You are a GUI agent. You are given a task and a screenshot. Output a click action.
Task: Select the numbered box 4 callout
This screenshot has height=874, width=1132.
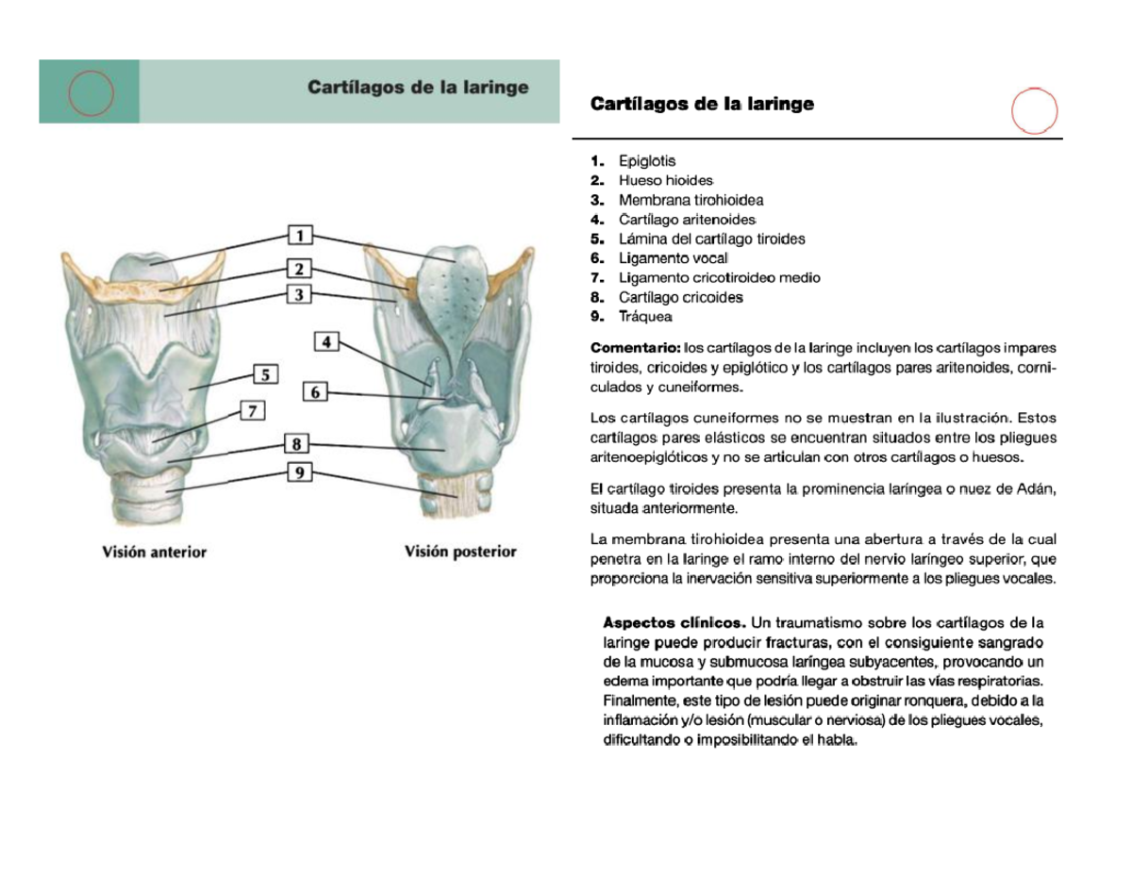[326, 341]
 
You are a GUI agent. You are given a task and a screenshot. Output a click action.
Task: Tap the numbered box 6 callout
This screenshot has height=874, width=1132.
[316, 391]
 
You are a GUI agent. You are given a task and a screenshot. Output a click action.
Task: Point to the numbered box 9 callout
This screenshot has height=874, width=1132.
[299, 473]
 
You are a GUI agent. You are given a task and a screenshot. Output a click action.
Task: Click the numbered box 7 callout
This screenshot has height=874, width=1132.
[253, 411]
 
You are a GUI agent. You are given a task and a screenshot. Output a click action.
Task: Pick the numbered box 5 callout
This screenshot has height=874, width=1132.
[266, 375]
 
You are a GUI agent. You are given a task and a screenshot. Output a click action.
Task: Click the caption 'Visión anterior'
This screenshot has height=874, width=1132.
[155, 552]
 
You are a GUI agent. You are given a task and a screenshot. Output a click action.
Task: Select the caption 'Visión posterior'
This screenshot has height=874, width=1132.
[460, 552]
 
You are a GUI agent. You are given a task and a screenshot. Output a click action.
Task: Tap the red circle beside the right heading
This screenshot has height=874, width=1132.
[1034, 110]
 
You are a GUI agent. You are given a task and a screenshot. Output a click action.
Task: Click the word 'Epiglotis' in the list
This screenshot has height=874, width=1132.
[647, 161]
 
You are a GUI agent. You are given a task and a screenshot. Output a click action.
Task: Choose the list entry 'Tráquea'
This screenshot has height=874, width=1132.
[645, 317]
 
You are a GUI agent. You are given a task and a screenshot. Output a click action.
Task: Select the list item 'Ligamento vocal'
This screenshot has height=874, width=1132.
[674, 258]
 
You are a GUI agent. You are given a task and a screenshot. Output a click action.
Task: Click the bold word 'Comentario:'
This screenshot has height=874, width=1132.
[635, 348]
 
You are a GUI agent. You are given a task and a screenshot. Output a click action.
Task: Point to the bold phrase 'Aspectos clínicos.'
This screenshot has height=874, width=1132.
[674, 622]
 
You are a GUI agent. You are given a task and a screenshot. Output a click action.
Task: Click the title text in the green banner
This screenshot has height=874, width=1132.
[418, 88]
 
